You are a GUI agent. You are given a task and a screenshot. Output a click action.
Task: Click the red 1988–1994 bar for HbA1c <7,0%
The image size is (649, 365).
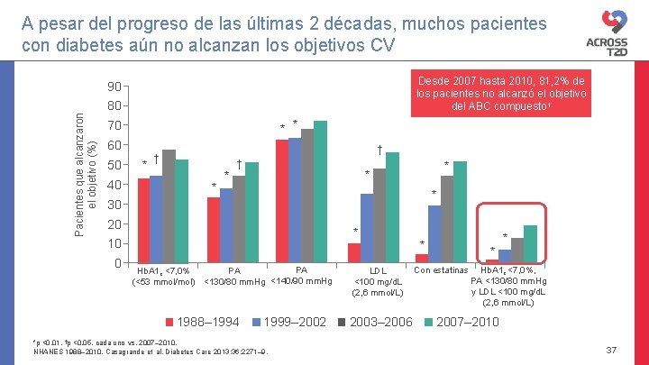pyautogui.click(x=143, y=220)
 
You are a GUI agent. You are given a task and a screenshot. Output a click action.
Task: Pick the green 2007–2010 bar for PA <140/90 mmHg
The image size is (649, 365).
pyautogui.click(x=320, y=191)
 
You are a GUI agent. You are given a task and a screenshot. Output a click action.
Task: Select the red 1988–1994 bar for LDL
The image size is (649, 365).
pyautogui.click(x=354, y=252)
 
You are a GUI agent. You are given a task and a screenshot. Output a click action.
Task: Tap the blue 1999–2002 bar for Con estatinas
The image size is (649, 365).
pyautogui.click(x=434, y=233)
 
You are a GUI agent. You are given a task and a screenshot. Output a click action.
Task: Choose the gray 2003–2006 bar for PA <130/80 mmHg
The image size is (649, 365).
pyautogui.click(x=239, y=218)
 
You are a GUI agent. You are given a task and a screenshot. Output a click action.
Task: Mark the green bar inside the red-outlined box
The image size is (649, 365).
pyautogui.click(x=530, y=243)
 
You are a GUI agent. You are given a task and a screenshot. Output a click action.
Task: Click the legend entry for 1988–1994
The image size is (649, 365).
pyautogui.click(x=203, y=322)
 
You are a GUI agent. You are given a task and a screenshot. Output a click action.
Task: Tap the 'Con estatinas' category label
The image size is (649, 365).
pyautogui.click(x=441, y=269)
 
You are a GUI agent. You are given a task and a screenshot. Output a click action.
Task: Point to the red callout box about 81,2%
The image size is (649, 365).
pyautogui.click(x=500, y=94)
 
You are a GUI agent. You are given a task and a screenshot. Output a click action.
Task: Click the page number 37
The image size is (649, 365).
pyautogui.click(x=612, y=350)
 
